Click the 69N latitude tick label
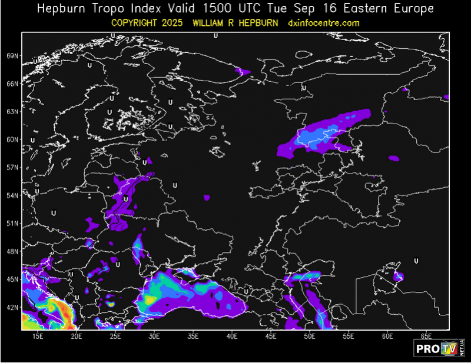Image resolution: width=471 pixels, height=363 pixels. [13, 56]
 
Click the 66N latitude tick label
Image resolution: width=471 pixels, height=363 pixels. [13, 84]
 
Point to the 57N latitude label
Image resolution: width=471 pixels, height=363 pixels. [13, 168]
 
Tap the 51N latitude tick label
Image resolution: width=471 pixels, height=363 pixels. [13, 224]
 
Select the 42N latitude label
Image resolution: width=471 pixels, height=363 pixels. [13, 308]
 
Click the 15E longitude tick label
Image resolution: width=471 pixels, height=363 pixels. [38, 336]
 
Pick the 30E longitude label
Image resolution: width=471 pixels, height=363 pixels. [155, 336]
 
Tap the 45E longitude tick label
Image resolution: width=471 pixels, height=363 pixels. [271, 336]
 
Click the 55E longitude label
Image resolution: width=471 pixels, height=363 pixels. [349, 336]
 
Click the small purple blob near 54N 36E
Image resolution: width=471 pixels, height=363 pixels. [207, 198]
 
